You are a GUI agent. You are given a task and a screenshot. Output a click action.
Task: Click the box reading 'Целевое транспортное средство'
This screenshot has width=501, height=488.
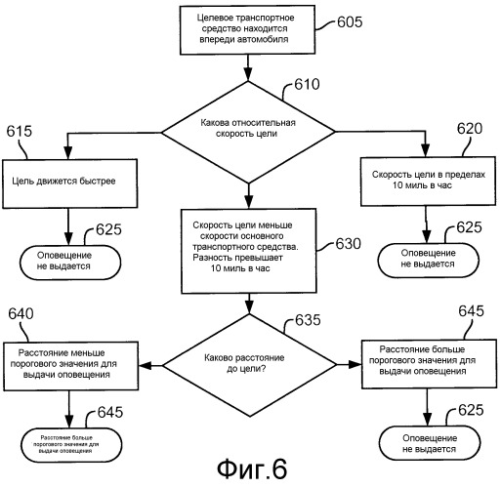pos(247,29)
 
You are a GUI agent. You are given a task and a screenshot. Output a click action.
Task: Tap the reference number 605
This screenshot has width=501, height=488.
pos(350,21)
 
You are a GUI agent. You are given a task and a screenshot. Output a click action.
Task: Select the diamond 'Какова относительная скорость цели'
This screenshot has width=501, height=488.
pos(248,132)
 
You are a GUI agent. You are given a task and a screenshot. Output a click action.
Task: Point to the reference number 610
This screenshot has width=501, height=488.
pos(307,84)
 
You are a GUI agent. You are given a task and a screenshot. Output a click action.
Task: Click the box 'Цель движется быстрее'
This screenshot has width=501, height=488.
pos(70,183)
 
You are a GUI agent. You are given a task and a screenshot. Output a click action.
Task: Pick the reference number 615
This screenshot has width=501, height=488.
pos(20,131)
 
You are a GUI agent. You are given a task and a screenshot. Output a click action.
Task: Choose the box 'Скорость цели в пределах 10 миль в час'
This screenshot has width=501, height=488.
pos(428,182)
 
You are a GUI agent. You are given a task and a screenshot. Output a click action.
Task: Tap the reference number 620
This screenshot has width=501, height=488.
pos(470,129)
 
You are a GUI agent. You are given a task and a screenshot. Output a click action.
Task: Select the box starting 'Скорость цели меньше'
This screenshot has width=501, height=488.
pos(249,251)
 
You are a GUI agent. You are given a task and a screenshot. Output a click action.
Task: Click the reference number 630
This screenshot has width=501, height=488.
pos(349,244)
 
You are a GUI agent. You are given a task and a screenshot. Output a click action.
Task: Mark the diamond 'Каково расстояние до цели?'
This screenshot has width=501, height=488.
pos(249,365)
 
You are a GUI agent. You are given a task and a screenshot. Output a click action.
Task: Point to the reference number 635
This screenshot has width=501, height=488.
pos(308,320)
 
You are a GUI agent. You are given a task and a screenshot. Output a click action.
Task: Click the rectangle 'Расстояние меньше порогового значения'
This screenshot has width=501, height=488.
pos(71,366)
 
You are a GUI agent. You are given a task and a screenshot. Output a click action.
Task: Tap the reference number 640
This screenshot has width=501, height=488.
pos(21,313)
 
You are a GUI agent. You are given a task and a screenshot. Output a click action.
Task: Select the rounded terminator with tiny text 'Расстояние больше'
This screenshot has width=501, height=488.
pos(71,445)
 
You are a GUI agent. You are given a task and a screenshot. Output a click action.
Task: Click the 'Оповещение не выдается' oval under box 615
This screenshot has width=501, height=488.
pos(70,263)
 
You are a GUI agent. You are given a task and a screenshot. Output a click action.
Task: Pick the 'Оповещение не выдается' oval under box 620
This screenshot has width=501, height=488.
pos(429,260)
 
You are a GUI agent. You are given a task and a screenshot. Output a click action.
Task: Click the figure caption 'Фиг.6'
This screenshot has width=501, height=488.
pos(252,469)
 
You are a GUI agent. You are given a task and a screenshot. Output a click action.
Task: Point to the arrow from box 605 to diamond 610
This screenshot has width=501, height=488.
pos(248,67)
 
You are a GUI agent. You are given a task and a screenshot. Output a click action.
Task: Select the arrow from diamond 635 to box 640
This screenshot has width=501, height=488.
pos(150,365)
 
